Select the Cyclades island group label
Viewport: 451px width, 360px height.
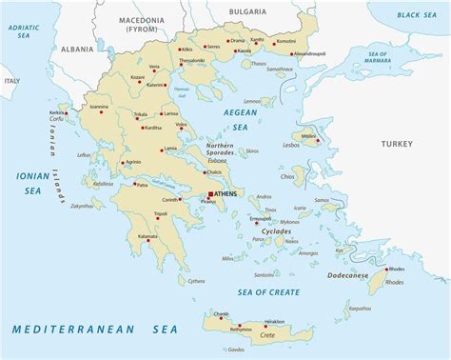276,230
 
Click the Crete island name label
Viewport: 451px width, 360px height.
268,334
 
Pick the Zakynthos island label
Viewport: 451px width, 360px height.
83,205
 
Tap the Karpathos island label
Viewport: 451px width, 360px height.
359,308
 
